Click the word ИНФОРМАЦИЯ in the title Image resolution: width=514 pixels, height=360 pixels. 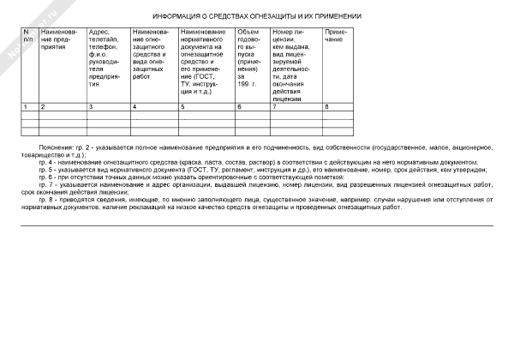tap(176, 16)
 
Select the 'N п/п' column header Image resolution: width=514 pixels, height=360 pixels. tap(27, 35)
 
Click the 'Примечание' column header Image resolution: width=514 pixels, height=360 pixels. tap(334, 35)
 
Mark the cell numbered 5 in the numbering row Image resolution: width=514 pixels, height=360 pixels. tap(182, 106)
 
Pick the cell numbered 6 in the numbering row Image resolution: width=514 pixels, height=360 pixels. tap(239, 106)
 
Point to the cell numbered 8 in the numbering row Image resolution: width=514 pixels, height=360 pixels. tap(326, 106)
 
